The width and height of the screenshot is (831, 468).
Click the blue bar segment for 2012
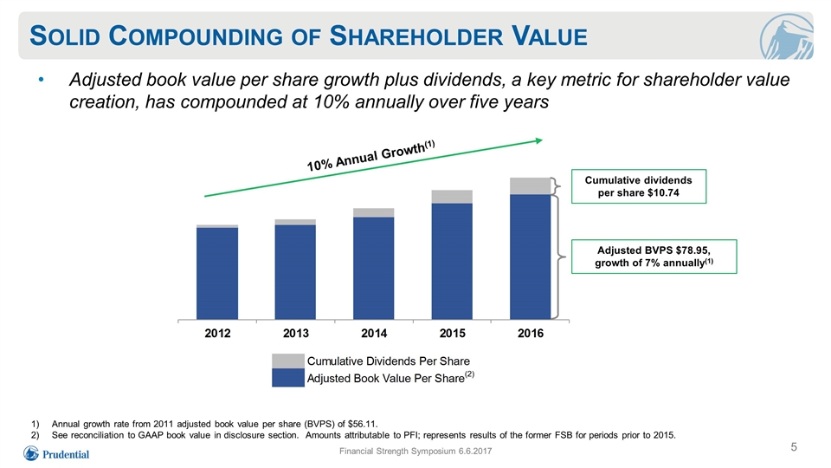pos(217,273)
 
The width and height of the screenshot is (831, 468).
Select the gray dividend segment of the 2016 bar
pos(530,186)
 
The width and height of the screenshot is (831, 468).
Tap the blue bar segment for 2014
pos(374,268)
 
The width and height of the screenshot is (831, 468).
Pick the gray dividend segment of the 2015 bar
pos(452,197)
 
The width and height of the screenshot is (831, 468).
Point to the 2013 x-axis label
pos(296,333)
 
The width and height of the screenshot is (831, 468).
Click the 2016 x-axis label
pos(531,333)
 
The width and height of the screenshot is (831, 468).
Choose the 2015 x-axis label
pos(452,333)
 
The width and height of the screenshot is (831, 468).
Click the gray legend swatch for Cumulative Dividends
pos(287,361)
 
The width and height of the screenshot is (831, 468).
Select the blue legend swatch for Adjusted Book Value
pos(287,378)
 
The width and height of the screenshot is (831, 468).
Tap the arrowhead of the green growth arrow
pos(539,140)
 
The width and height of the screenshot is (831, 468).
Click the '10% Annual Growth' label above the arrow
pos(371,155)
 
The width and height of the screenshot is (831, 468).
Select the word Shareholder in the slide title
pos(416,36)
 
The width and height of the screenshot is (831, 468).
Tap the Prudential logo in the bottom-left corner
pos(56,454)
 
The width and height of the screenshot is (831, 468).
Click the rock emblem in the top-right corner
pos(786,37)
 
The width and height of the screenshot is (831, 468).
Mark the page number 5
pos(794,447)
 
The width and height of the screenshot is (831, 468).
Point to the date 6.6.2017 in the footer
pos(475,451)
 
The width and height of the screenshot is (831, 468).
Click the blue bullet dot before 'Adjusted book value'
pos(41,80)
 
